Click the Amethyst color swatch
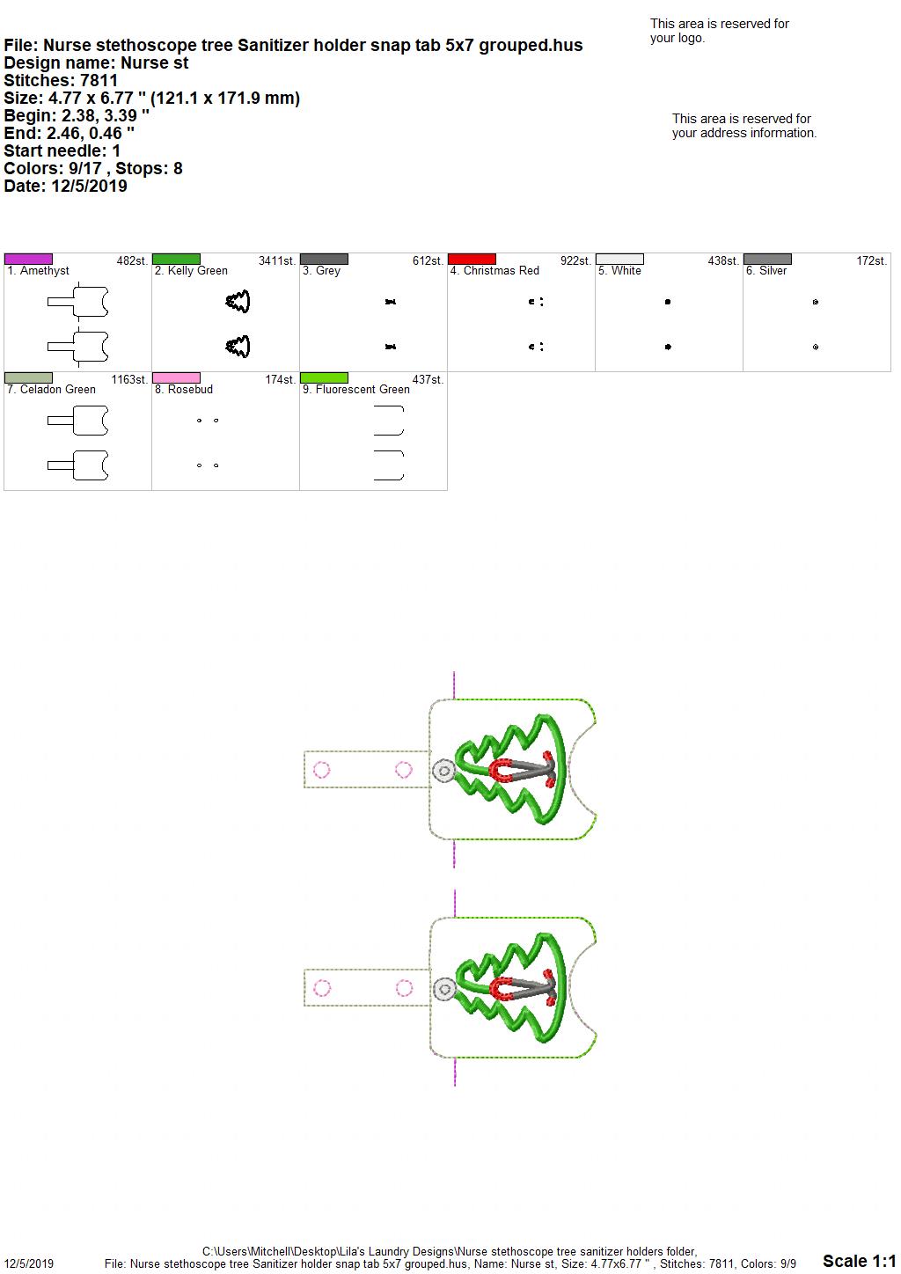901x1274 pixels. (28, 259)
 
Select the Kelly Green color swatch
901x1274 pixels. (176, 259)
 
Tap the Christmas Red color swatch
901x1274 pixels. (472, 259)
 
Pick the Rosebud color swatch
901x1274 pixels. (176, 377)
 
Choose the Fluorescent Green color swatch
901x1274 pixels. (324, 377)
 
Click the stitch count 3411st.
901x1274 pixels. (277, 260)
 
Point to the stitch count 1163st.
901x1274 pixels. (129, 379)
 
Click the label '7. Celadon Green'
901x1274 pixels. (51, 389)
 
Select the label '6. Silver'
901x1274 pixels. (766, 271)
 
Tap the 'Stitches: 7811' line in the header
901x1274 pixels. (61, 80)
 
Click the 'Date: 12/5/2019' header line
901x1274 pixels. (65, 186)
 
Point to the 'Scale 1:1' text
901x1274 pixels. (860, 1261)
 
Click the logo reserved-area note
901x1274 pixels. (720, 31)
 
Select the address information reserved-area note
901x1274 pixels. (744, 126)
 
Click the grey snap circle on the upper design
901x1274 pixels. (444, 771)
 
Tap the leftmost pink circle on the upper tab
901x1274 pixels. (322, 770)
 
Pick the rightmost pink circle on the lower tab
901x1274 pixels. (405, 988)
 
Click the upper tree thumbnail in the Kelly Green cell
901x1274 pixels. (238, 302)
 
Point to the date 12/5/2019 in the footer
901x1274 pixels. (29, 1263)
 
